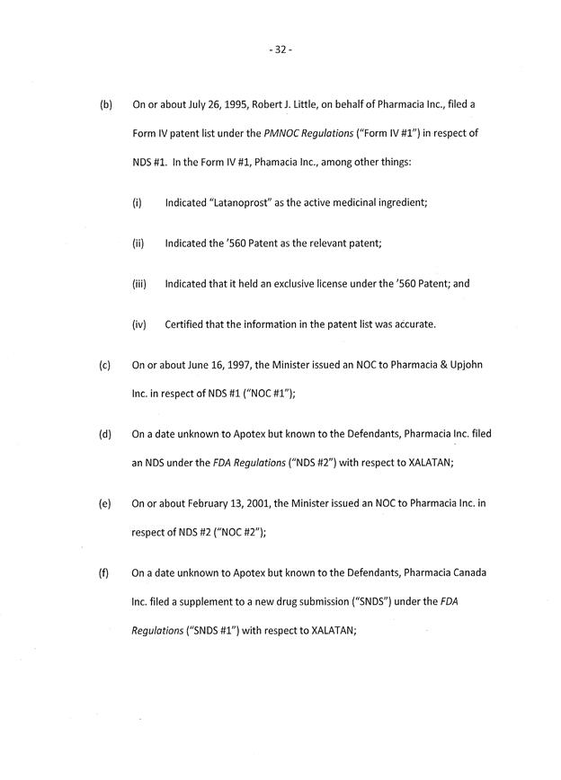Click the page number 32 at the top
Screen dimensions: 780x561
[x=280, y=50]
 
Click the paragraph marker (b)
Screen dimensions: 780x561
[x=106, y=105]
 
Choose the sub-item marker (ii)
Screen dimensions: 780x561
[x=138, y=244]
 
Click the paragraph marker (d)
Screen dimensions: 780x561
[x=106, y=435]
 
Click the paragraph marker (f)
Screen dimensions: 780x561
[x=106, y=572]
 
